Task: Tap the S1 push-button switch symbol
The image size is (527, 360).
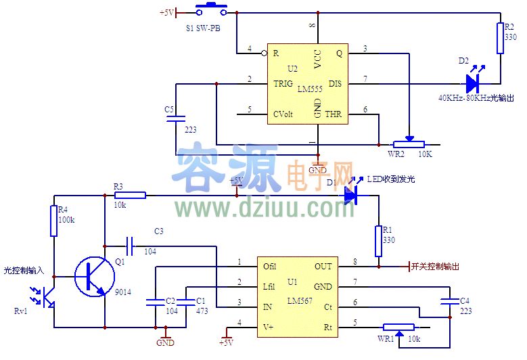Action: [x=212, y=10]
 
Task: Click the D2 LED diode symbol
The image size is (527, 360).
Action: [x=473, y=84]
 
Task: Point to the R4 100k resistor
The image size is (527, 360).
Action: [x=53, y=221]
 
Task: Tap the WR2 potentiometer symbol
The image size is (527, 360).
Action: [x=408, y=143]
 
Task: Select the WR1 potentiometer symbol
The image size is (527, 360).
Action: [x=398, y=328]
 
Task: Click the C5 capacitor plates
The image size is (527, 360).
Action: [x=176, y=118]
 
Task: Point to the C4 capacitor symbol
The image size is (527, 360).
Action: [x=447, y=300]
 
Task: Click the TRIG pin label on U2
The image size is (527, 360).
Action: [x=283, y=84]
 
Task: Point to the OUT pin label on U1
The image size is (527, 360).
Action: [x=323, y=267]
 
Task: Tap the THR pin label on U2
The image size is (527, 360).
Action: [x=334, y=114]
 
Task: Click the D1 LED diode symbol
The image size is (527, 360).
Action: [x=350, y=196]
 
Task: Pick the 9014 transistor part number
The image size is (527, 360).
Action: [x=124, y=292]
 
